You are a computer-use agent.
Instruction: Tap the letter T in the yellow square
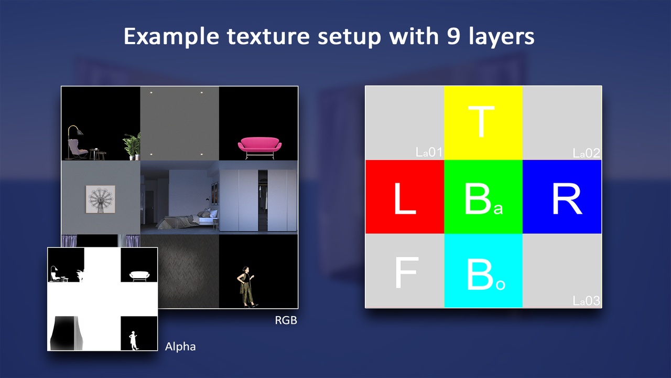point(482,122)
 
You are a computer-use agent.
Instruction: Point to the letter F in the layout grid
point(405,272)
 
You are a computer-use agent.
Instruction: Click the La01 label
point(429,153)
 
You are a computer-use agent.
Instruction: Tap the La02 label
point(586,153)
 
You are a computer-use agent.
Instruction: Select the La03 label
point(586,301)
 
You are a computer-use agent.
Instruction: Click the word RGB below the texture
point(286,320)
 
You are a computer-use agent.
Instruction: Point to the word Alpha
point(180,346)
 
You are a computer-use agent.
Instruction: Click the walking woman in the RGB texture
point(246,287)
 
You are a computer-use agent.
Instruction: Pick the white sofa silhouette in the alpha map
point(139,276)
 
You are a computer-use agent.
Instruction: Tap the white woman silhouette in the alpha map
point(134,340)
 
